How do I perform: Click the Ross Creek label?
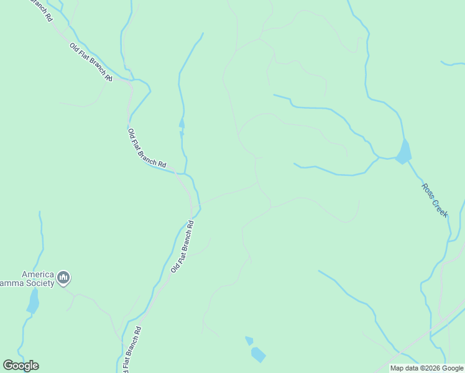435,200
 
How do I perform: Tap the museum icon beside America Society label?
63,278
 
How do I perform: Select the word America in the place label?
37,274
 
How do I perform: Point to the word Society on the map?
37,283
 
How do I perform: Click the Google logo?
21,366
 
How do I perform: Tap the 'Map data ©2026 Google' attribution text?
426,368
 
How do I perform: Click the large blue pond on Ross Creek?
403,152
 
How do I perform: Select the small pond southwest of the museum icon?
32,303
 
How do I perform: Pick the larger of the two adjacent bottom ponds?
258,354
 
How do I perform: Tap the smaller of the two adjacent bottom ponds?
249,340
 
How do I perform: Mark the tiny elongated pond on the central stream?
182,122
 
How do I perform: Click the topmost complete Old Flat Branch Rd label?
91,63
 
